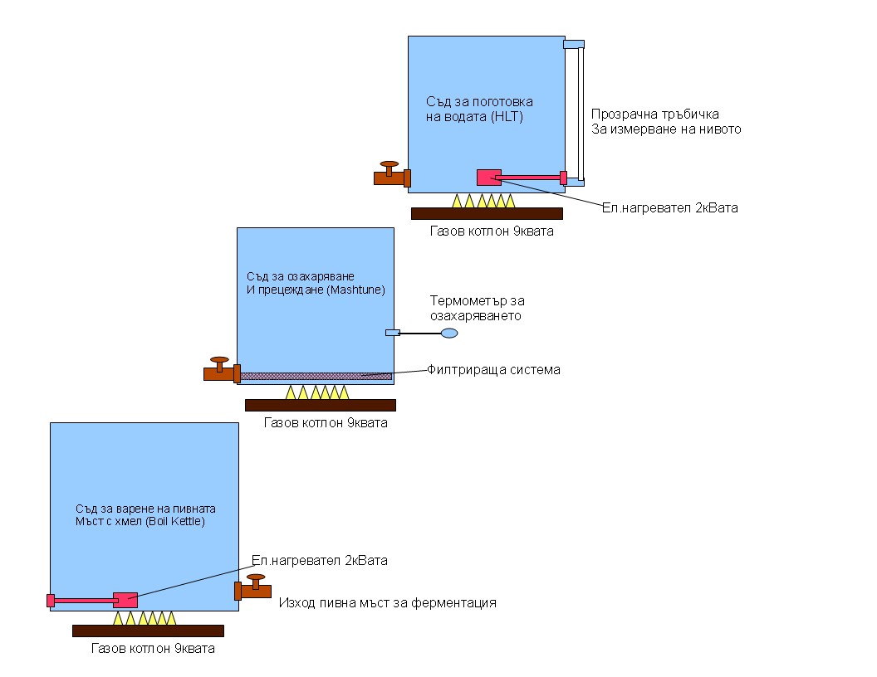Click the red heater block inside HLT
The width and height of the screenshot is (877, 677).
point(488,177)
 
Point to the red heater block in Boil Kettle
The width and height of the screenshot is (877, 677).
point(125,600)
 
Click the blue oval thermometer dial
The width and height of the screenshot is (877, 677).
point(448,333)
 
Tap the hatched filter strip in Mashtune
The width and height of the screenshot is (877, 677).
point(316,376)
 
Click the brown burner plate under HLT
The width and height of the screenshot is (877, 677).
point(487,213)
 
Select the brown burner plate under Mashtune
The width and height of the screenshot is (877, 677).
point(321,405)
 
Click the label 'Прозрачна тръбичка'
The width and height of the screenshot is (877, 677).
point(655,114)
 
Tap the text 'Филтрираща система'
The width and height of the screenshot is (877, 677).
point(493,369)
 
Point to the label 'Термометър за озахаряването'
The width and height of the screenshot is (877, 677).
point(477,308)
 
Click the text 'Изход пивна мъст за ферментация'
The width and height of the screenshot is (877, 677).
point(387,602)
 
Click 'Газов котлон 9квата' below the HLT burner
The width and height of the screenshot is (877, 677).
point(492,231)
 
